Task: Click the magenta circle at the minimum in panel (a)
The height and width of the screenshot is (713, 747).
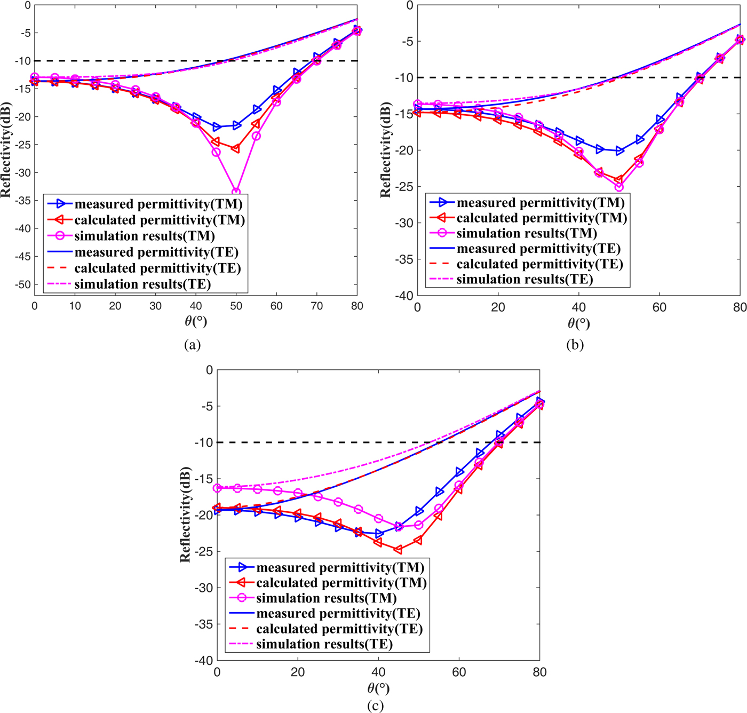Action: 236,192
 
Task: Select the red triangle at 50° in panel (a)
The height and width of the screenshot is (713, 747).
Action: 235,149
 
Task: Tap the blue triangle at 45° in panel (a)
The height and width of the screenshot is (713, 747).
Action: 217,127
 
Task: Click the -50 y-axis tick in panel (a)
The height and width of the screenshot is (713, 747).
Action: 22,284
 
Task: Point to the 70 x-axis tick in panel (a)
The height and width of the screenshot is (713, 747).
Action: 317,306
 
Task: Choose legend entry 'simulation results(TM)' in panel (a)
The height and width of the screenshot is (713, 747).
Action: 145,236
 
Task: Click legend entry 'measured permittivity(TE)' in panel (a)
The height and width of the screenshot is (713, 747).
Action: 156,252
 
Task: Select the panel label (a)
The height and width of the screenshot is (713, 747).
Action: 192,345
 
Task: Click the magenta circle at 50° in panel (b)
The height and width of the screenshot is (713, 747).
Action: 619,187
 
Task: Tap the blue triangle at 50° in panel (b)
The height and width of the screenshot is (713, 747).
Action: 619,152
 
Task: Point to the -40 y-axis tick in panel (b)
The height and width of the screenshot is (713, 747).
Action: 404,296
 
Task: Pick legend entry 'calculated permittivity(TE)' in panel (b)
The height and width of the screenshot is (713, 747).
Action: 539,264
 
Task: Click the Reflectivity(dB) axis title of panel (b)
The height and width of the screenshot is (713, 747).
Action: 386,150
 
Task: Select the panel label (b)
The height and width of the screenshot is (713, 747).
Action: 575,345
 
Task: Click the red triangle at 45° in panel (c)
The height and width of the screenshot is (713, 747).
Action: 398,550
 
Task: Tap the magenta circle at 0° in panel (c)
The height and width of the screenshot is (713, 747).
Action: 217,488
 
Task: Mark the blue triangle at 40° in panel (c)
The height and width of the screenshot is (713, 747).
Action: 379,534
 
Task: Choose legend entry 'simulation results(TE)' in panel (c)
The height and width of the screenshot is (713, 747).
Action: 324,644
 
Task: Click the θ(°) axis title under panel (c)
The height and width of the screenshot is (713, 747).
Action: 378,688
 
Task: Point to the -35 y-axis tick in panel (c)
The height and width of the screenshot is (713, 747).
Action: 203,624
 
